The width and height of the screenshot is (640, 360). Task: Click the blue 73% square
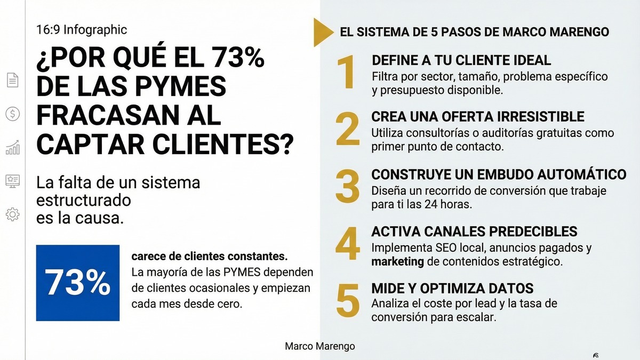pos(78,283)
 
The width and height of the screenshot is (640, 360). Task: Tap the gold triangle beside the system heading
pos(323,31)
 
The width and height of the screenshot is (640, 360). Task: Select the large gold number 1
pos(347,73)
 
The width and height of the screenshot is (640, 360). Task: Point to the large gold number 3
pos(348,187)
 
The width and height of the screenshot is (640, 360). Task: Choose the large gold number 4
pos(348,244)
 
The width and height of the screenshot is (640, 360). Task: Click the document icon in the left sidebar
pos(12,80)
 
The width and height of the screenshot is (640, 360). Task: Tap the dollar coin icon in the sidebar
pos(12,114)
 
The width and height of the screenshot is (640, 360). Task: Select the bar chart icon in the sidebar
pos(12,147)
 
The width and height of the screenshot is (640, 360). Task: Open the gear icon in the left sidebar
pos(12,214)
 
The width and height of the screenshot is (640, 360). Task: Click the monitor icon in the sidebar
pos(12,181)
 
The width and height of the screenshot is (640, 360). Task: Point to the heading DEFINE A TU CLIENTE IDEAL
pos(461,60)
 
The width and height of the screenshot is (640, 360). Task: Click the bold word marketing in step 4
pos(397,262)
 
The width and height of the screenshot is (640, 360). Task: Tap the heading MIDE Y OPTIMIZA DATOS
pos(452,289)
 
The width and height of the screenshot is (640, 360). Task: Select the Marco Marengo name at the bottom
pos(320,347)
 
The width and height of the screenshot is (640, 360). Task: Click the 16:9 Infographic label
pos(82,30)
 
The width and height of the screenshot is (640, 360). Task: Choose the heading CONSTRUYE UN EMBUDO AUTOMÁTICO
pos(499,174)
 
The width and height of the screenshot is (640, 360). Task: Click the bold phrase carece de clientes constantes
pos(210,257)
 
